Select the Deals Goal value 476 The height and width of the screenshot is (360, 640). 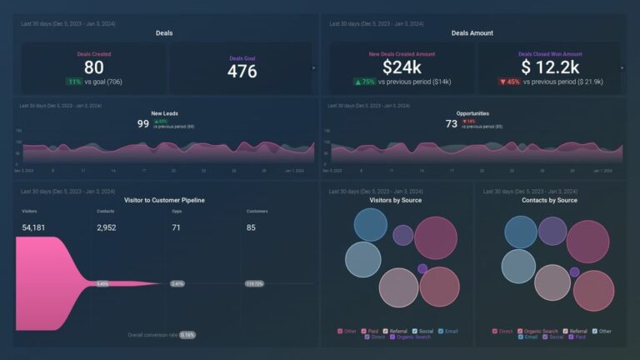pyautogui.click(x=242, y=71)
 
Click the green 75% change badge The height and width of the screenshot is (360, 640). pyautogui.click(x=365, y=82)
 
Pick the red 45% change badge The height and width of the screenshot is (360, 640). pyautogui.click(x=509, y=82)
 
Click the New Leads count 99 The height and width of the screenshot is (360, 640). pyautogui.click(x=143, y=123)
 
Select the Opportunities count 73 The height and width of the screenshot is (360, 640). pyautogui.click(x=452, y=123)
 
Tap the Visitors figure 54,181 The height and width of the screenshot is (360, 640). pyautogui.click(x=38, y=227)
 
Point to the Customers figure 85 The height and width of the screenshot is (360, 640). pyautogui.click(x=252, y=227)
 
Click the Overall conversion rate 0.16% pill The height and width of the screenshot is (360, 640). pyautogui.click(x=187, y=335)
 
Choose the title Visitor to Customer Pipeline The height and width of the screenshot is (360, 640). pyautogui.click(x=165, y=201)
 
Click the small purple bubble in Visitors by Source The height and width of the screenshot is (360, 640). pyautogui.click(x=422, y=268)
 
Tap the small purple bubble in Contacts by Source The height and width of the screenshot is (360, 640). pyautogui.click(x=552, y=230)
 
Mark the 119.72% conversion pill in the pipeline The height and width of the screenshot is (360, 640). pyautogui.click(x=252, y=284)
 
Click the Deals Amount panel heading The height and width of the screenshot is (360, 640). pyautogui.click(x=472, y=33)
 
